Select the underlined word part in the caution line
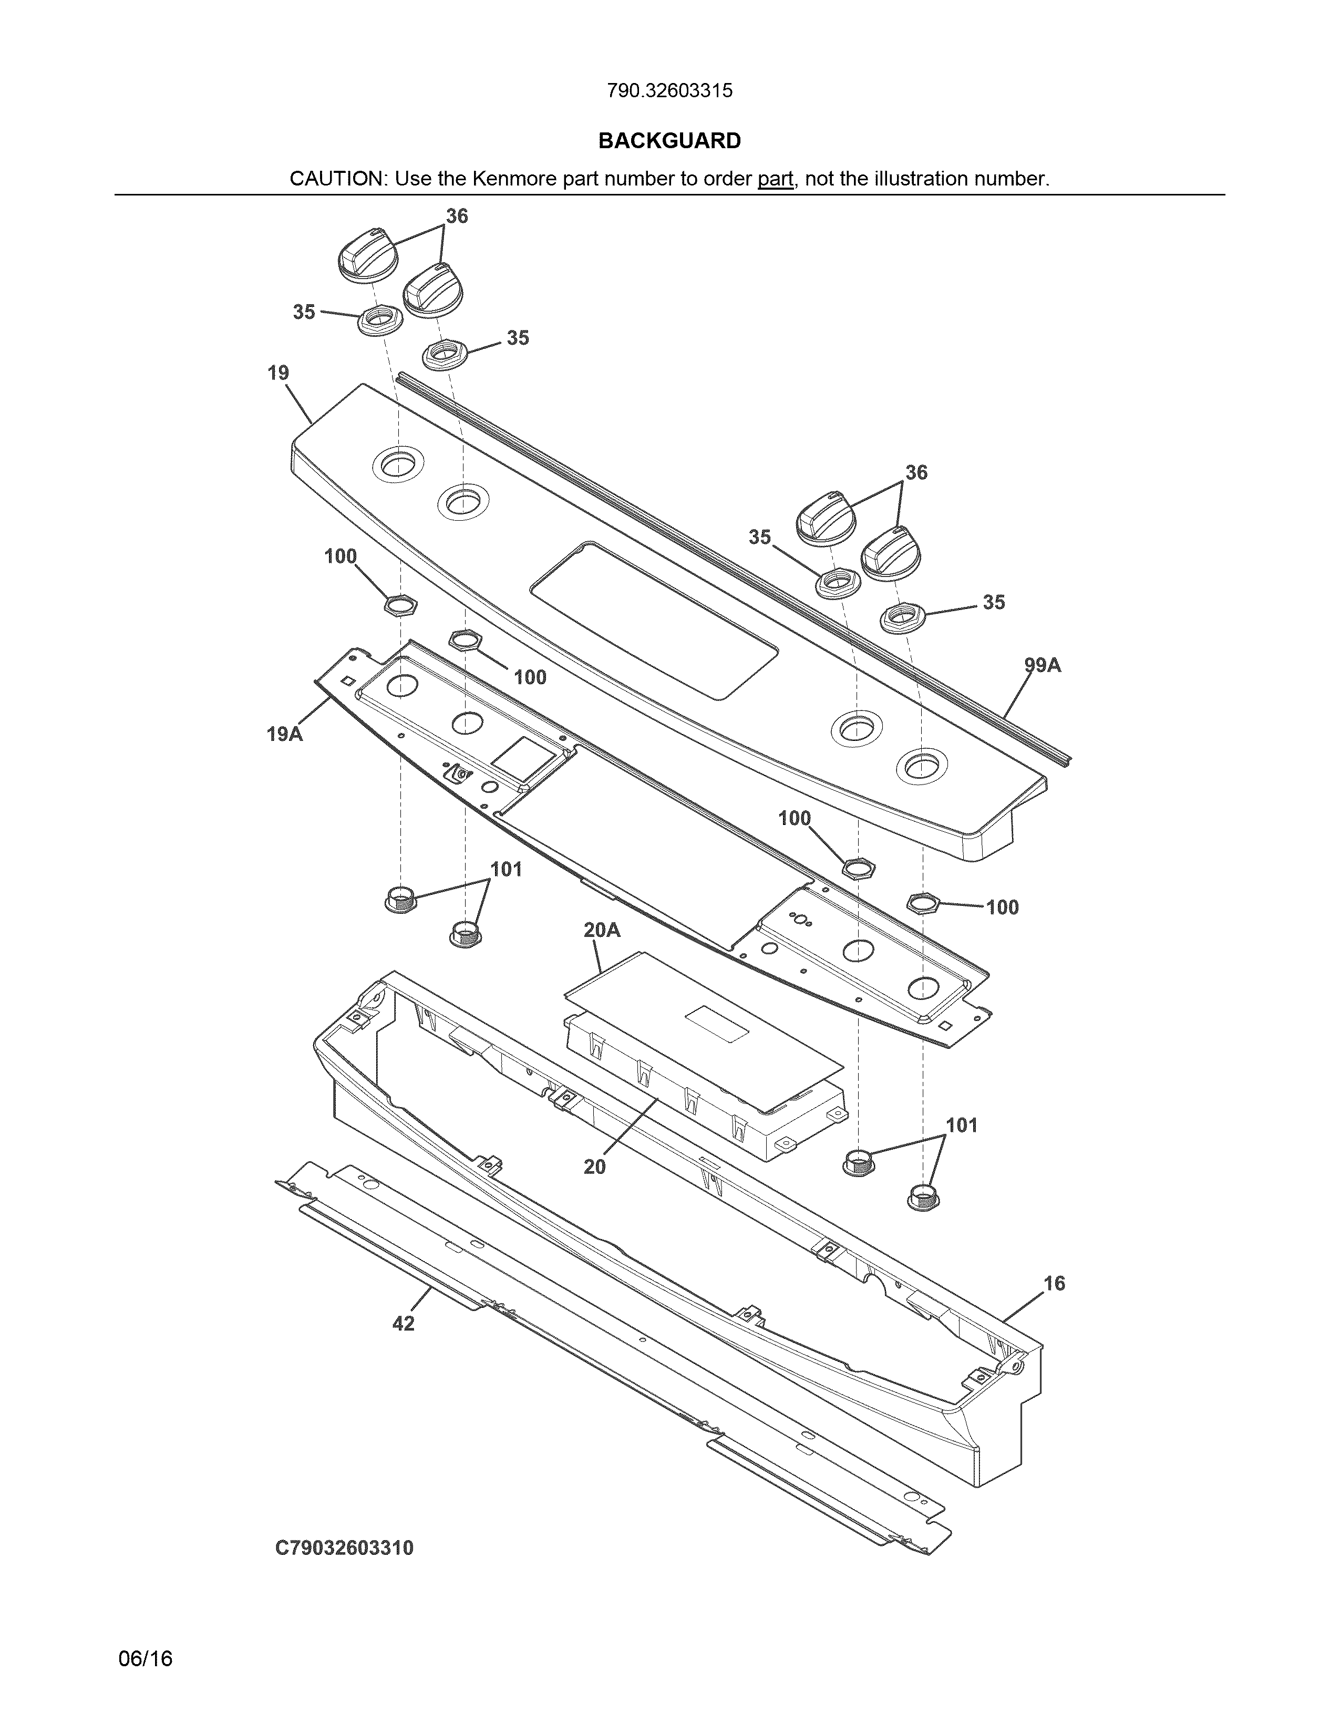click(775, 179)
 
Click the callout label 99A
click(1043, 665)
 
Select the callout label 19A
click(284, 735)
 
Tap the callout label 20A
click(602, 930)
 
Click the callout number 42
click(403, 1324)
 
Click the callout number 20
click(594, 1167)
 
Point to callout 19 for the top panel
click(278, 373)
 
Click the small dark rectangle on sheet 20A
click(717, 1024)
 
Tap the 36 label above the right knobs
click(916, 472)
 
